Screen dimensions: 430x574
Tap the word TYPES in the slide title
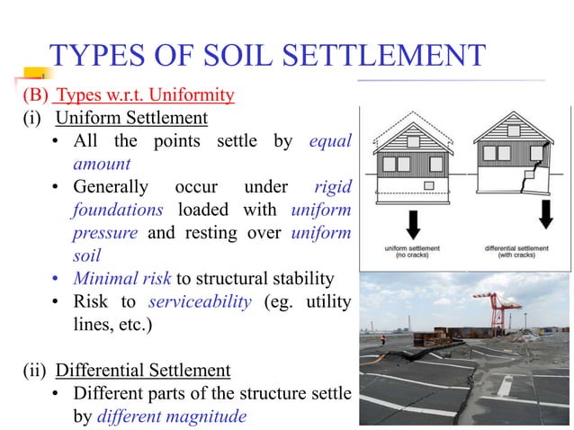tap(99, 56)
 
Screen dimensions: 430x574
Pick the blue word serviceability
tap(204, 301)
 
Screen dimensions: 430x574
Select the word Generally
tap(111, 187)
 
